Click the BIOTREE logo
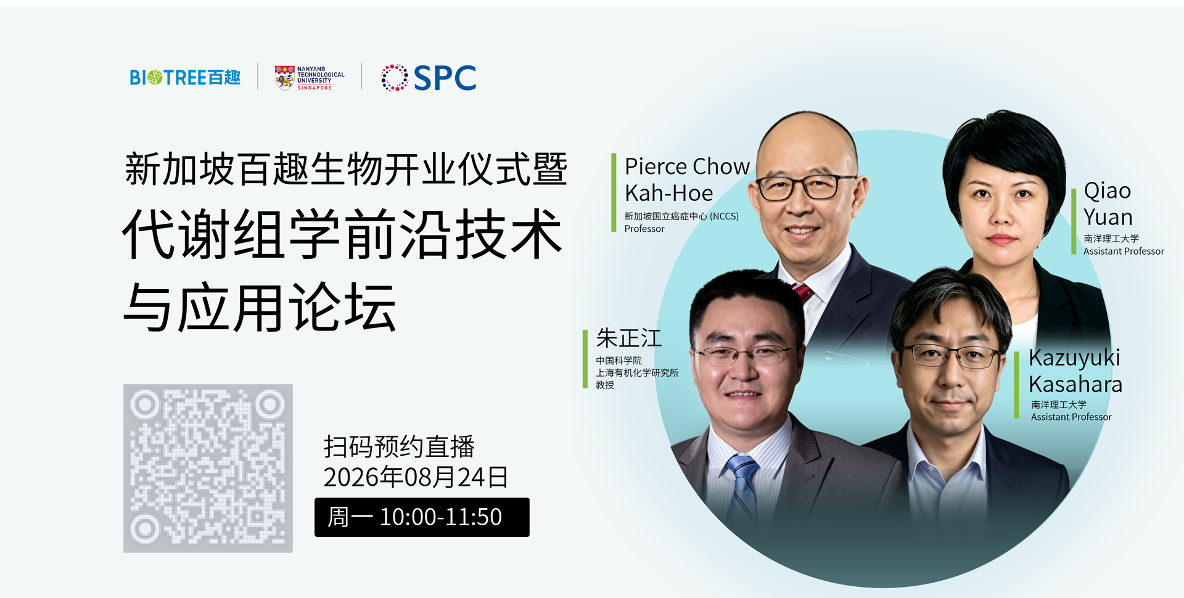pos(185,78)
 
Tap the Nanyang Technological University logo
pos(310,78)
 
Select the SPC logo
pos(429,78)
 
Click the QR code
pos(208,469)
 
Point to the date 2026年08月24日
pos(416,477)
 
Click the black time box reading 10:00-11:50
pos(422,517)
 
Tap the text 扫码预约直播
pos(399,447)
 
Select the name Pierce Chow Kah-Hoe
pos(687,179)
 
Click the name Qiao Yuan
pos(1108,204)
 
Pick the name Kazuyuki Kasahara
pos(1075,371)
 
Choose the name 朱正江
pos(628,338)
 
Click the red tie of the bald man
pos(803,293)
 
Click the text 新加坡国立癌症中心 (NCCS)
pos(681,216)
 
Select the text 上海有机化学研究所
pos(637,373)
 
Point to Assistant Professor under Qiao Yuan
pos(1124,252)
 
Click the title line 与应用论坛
pos(260,307)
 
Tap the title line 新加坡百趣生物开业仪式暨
pos(346,169)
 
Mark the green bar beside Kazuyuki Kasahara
pos(1016,385)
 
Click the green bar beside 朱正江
pos(585,359)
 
